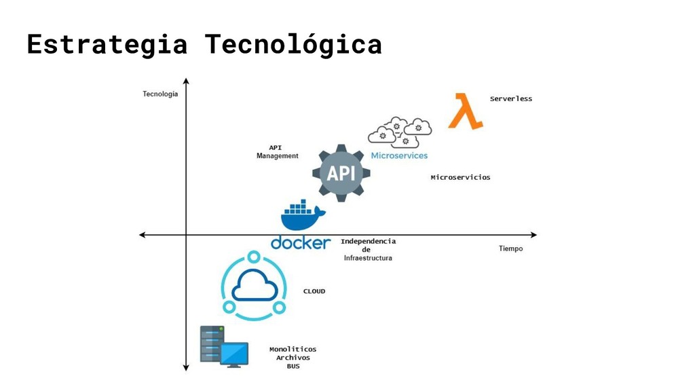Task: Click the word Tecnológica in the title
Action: [293, 45]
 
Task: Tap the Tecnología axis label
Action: [160, 94]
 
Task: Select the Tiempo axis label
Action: [510, 248]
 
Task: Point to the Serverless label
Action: [511, 98]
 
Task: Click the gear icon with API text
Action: [341, 173]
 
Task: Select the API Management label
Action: [277, 151]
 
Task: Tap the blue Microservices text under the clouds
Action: [399, 155]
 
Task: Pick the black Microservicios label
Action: [460, 177]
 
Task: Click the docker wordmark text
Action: [301, 242]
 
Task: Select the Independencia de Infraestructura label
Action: [368, 249]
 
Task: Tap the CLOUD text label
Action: [314, 291]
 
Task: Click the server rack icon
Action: [211, 344]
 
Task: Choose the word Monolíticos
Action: [293, 349]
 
